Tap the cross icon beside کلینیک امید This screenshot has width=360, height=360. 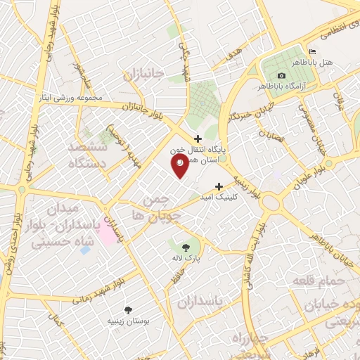coord(219,187)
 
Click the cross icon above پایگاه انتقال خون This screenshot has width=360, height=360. coord(198,139)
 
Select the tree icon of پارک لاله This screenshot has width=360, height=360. coord(185,247)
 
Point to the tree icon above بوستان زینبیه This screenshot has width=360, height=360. coord(128,309)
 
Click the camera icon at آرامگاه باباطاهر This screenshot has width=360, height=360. coord(282,75)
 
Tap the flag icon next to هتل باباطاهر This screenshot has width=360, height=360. coord(313,52)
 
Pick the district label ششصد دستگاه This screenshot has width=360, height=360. coord(86,155)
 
